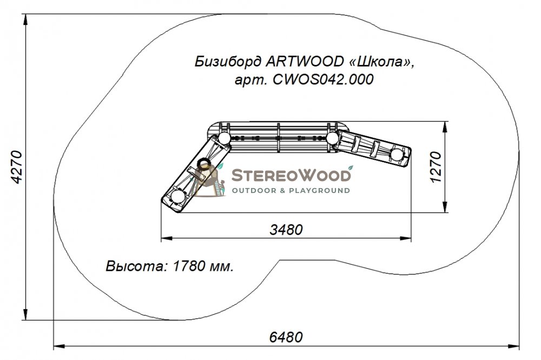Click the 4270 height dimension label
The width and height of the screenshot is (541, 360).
(x=17, y=167)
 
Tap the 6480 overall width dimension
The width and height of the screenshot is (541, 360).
(x=286, y=337)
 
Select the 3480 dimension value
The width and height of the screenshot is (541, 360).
(x=286, y=230)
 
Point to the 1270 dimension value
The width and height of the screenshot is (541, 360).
(x=436, y=167)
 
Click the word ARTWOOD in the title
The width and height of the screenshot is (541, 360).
(x=305, y=62)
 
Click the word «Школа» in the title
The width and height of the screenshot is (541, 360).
(x=381, y=62)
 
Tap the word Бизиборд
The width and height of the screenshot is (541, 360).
(x=228, y=62)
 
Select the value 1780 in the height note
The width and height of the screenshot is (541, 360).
(x=188, y=266)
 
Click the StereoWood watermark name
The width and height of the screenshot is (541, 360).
(x=291, y=175)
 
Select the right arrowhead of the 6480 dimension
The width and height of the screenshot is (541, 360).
(x=514, y=346)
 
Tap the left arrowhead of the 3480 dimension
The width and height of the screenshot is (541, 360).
(x=167, y=238)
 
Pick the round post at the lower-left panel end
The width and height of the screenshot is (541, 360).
(x=178, y=197)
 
